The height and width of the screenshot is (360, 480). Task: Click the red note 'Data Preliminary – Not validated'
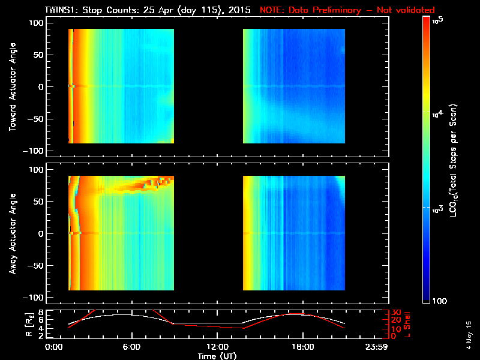[347, 10]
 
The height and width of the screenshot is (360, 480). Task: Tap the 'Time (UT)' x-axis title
[217, 355]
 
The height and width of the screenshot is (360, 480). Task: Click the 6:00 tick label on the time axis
[131, 347]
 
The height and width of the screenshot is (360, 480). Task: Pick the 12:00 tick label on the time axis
[217, 347]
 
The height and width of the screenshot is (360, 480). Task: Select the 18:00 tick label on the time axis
[302, 347]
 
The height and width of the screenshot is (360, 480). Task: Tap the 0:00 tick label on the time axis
[54, 347]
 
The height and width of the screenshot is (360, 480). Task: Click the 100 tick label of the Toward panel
[37, 22]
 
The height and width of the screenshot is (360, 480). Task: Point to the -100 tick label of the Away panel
[35, 298]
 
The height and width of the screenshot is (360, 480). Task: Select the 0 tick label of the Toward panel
[41, 86]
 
